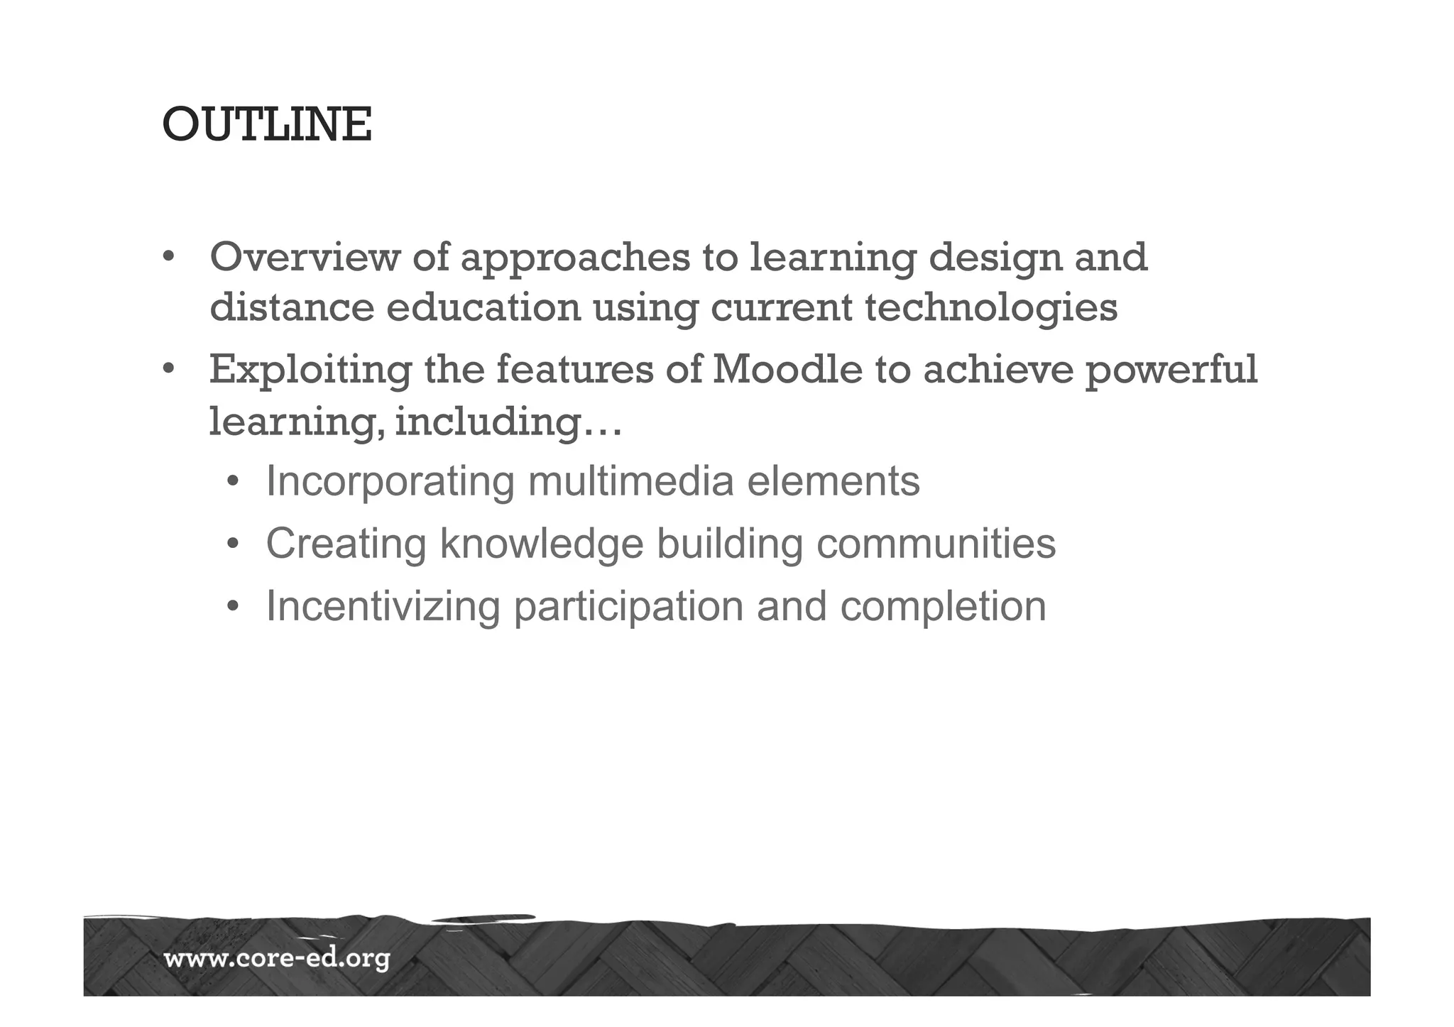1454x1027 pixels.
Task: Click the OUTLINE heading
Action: pyautogui.click(x=267, y=125)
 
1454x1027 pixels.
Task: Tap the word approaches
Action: pyautogui.click(x=575, y=258)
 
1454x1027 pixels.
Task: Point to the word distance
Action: pyautogui.click(x=292, y=308)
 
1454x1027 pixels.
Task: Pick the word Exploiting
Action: pyautogui.click(x=310, y=370)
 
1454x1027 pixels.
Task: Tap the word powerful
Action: pyautogui.click(x=1171, y=370)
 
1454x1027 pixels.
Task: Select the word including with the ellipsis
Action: pyautogui.click(x=508, y=423)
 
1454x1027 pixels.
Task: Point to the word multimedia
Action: pyautogui.click(x=630, y=481)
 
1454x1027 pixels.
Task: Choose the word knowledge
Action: pyautogui.click(x=541, y=545)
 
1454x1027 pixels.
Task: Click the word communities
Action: pyautogui.click(x=936, y=544)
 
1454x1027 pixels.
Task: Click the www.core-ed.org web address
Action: pyautogui.click(x=277, y=960)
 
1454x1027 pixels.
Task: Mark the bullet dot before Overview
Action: pyautogui.click(x=168, y=257)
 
